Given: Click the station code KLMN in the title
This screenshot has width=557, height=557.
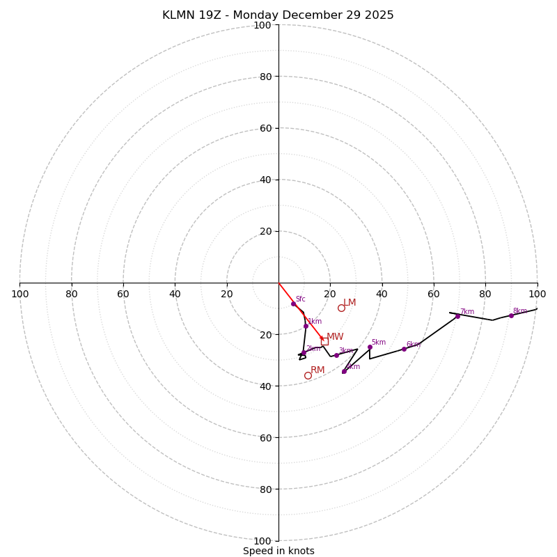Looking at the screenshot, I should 180,15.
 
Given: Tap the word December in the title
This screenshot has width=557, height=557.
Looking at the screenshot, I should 307,15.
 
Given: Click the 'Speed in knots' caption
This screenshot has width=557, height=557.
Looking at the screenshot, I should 278,551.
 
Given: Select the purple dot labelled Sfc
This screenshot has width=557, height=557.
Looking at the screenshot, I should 293,304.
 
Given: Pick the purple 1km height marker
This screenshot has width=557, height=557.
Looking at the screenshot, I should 306,326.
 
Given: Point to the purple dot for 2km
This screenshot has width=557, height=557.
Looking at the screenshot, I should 304,352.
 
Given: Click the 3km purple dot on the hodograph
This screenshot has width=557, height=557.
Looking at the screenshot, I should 336,355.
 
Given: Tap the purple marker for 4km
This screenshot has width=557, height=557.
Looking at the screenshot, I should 344,371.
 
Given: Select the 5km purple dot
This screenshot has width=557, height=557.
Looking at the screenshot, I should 370,347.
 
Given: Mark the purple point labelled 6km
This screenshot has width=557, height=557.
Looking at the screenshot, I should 404,349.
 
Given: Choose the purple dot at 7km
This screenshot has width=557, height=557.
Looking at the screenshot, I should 457,316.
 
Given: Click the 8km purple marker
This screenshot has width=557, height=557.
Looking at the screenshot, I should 511,315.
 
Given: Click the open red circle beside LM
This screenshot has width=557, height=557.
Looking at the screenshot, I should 341,308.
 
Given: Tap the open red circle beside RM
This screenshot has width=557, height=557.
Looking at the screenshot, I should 308,375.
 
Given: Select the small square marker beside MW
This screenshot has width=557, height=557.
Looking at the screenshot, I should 324,341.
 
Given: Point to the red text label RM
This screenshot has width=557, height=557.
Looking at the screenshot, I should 317,370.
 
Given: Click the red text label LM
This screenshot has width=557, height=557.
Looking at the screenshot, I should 350,303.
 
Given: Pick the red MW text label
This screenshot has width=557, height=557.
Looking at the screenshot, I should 335,337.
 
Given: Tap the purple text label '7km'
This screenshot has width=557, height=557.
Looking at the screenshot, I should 466,312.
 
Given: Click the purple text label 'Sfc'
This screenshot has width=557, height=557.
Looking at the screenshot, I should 300,299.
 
